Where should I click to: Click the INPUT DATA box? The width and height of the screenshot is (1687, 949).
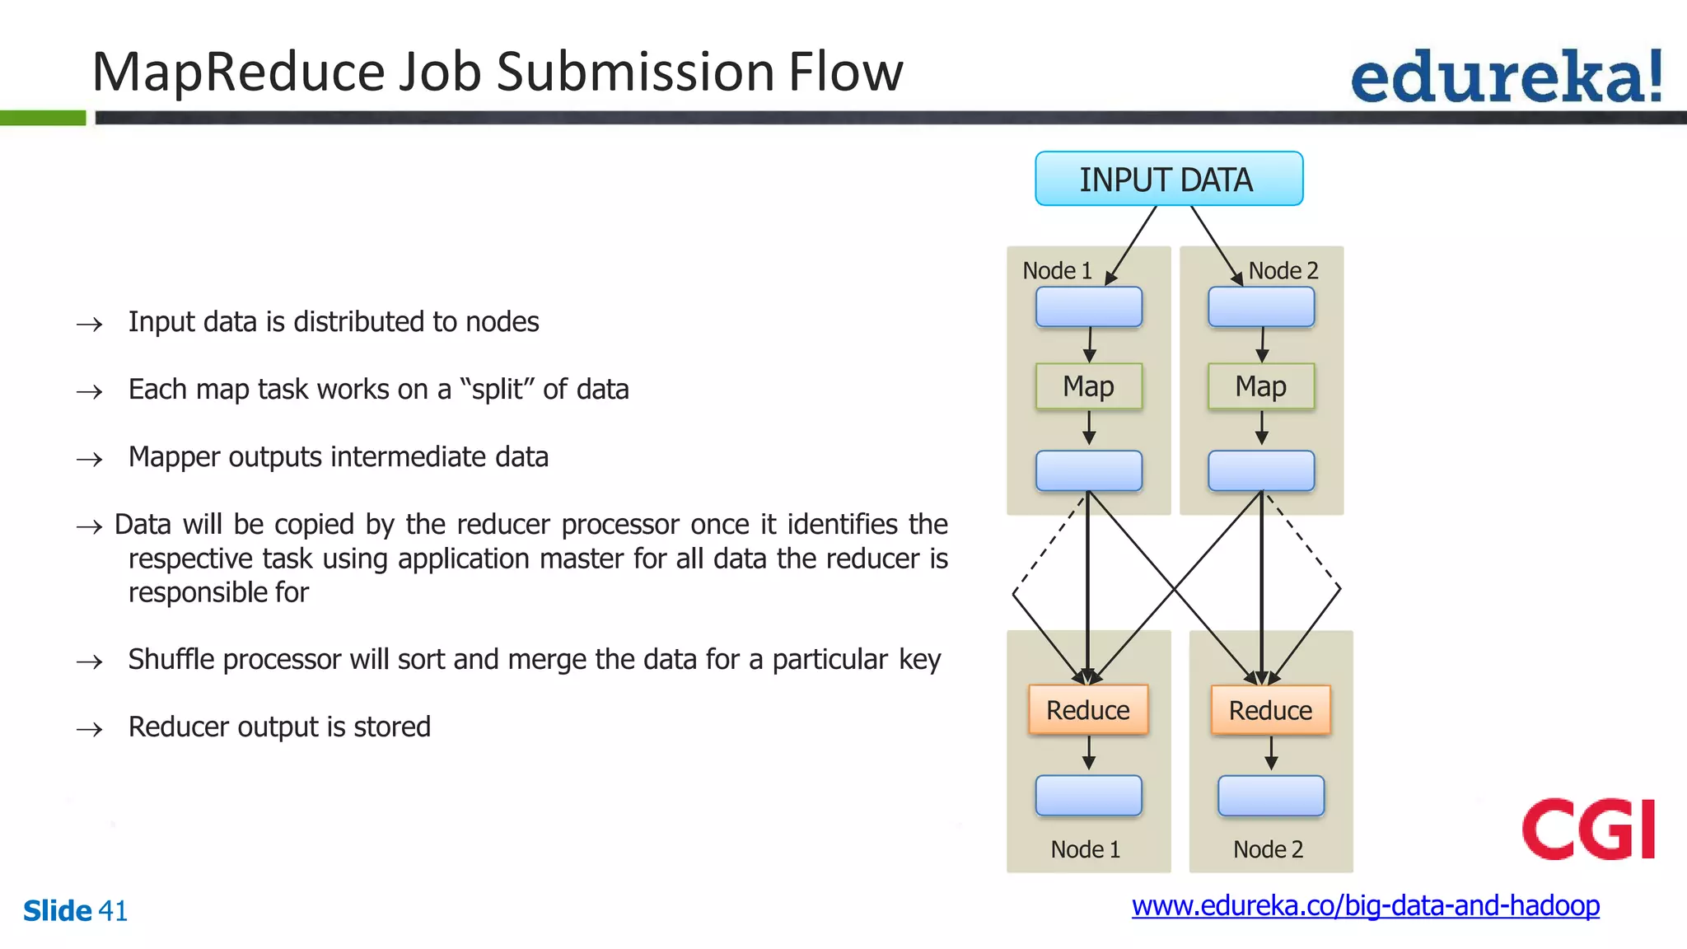click(1168, 179)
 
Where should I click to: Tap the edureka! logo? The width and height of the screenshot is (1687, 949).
click(1506, 77)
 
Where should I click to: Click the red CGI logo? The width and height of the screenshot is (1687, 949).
click(1588, 829)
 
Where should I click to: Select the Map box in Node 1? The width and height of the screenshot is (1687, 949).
click(1088, 386)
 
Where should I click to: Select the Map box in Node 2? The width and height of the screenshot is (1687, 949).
click(1260, 386)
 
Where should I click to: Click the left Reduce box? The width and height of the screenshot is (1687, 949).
click(1087, 709)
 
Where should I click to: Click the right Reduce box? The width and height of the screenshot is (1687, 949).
click(1270, 710)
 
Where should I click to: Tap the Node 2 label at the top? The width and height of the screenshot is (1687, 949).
click(1283, 270)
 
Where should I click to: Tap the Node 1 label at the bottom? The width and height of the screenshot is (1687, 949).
click(1085, 849)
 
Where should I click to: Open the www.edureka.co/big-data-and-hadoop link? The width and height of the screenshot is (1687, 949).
click(1365, 905)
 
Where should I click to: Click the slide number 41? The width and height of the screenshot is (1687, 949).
click(113, 911)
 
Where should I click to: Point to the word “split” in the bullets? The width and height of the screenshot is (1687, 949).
click(497, 389)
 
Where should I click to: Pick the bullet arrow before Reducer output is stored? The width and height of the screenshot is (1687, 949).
click(89, 729)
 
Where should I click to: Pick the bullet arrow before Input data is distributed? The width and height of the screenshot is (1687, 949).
click(89, 324)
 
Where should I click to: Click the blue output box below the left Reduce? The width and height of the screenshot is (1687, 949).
click(1088, 795)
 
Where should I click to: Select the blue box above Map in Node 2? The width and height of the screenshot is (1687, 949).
click(1260, 306)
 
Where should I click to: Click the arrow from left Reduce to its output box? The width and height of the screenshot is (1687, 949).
click(1089, 753)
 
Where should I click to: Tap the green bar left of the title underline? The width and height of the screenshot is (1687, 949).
click(42, 118)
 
